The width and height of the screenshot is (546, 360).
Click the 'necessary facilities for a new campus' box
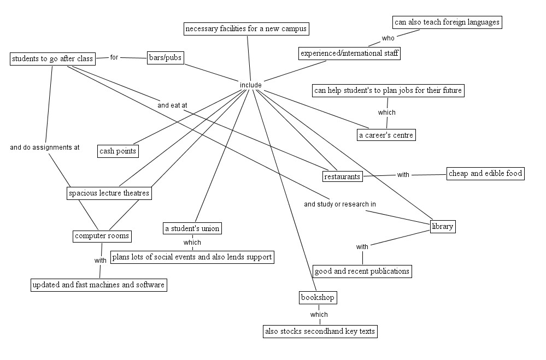(x=246, y=28)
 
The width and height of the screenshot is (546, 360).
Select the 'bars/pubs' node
(x=165, y=58)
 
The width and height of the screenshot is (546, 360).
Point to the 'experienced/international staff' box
(x=350, y=54)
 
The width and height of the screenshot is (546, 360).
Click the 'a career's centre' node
(x=386, y=135)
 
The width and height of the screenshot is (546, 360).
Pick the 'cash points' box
(x=118, y=151)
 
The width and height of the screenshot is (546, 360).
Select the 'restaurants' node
(x=342, y=176)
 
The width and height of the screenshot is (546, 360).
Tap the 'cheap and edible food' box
(x=485, y=174)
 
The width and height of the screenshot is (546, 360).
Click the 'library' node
(x=442, y=226)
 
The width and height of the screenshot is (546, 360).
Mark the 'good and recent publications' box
(x=362, y=271)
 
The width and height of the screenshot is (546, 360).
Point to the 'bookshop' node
(x=318, y=298)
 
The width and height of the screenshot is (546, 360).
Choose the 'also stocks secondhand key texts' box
(x=320, y=331)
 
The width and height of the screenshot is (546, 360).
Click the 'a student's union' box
(x=192, y=228)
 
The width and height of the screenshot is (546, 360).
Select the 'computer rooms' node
(x=102, y=236)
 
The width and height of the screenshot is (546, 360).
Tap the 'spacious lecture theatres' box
(x=109, y=193)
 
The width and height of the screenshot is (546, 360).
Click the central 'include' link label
(x=250, y=85)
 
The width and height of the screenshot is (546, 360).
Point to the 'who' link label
(x=388, y=38)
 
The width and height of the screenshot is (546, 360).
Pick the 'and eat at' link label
(x=172, y=105)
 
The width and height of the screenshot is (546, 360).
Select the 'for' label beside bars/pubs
(x=114, y=57)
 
